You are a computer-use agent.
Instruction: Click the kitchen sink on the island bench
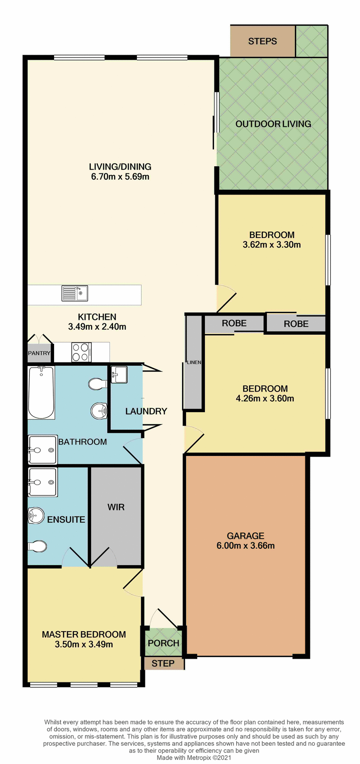tap(75, 293)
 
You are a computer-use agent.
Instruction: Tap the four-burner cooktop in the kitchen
tap(81, 352)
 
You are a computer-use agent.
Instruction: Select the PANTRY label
tap(39, 353)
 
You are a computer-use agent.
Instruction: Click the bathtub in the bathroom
tap(41, 392)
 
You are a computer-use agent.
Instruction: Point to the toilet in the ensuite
tap(37, 546)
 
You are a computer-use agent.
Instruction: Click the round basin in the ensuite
tap(36, 516)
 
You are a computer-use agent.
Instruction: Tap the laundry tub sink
tap(119, 374)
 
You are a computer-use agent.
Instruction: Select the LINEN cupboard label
tap(194, 362)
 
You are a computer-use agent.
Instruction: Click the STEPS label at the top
tap(263, 41)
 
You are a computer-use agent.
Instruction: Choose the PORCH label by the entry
tap(163, 643)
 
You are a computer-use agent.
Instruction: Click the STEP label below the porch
tap(163, 663)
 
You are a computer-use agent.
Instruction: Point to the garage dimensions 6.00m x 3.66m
tap(245, 546)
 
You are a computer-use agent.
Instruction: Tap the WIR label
tap(116, 507)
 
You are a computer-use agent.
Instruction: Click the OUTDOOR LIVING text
tap(273, 124)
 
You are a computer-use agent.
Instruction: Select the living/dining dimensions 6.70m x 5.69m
tap(120, 177)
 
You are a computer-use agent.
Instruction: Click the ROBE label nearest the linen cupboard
tap(234, 323)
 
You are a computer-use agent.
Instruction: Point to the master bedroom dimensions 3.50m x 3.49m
tap(84, 644)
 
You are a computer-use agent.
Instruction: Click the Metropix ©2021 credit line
tap(194, 758)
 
